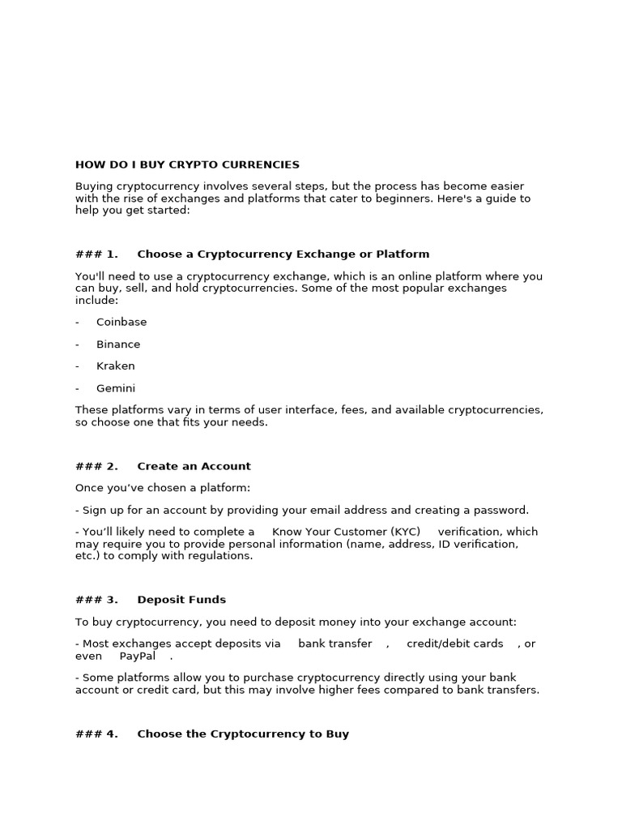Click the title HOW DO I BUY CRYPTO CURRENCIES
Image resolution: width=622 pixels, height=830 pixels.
(x=187, y=165)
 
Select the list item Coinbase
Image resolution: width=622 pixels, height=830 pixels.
(x=121, y=322)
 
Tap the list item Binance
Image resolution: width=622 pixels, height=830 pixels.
(x=118, y=344)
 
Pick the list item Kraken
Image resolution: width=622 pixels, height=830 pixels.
(x=116, y=366)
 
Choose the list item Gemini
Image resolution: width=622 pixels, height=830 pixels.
(x=116, y=387)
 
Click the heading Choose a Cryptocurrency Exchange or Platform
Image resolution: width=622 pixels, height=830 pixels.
(x=283, y=254)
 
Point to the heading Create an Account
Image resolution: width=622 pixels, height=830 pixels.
(x=194, y=466)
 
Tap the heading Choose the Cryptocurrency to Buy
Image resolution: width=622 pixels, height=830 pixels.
(x=243, y=734)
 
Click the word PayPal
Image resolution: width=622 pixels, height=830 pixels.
(x=138, y=656)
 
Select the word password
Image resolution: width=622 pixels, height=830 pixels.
(x=501, y=510)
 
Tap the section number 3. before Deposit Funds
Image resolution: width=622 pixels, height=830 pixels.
(x=111, y=600)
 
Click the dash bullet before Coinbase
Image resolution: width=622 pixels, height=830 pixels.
(x=77, y=322)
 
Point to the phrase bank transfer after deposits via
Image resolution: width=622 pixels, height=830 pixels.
(x=335, y=644)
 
